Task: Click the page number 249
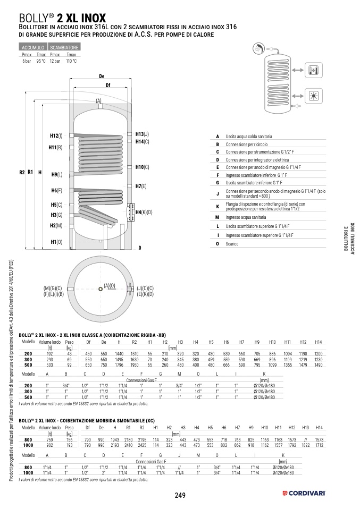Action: [180, 495]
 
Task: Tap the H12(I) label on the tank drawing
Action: [56, 135]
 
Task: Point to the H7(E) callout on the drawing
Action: [140, 186]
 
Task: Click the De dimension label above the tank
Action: [102, 76]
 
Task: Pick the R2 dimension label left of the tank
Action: [21, 172]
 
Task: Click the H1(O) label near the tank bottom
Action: [56, 242]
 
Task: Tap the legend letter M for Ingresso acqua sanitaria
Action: [217, 218]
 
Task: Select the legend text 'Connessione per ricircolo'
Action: [246, 145]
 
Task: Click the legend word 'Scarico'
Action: [231, 243]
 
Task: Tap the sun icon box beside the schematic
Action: [313, 97]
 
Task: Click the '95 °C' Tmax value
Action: [41, 61]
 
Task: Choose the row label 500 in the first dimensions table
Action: [28, 365]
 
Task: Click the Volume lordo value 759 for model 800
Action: [49, 440]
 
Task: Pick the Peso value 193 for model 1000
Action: [69, 445]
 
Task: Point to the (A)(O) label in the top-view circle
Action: [109, 285]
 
